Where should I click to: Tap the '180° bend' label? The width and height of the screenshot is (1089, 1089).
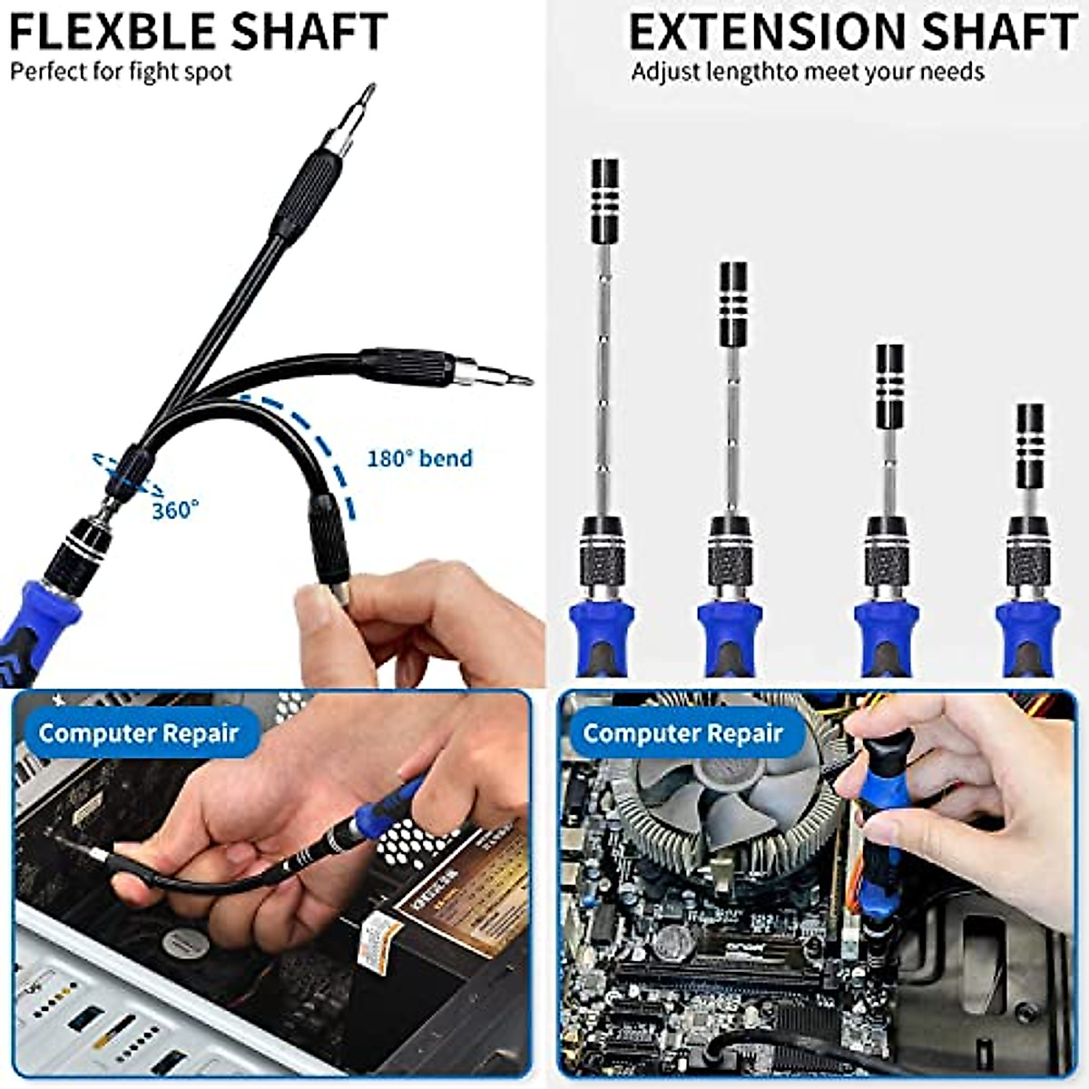pos(419,458)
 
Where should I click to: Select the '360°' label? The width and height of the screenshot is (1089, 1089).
pos(174,510)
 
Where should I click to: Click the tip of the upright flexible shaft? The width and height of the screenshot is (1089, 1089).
pos(368,90)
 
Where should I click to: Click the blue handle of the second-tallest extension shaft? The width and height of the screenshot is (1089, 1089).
pos(729,631)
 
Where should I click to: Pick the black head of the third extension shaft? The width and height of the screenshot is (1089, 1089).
pos(889,386)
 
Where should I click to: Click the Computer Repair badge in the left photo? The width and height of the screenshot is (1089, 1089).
pos(138,733)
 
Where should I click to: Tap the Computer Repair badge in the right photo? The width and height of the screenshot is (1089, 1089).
pos(682,733)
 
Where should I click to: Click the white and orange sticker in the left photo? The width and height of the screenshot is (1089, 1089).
pos(379,942)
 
